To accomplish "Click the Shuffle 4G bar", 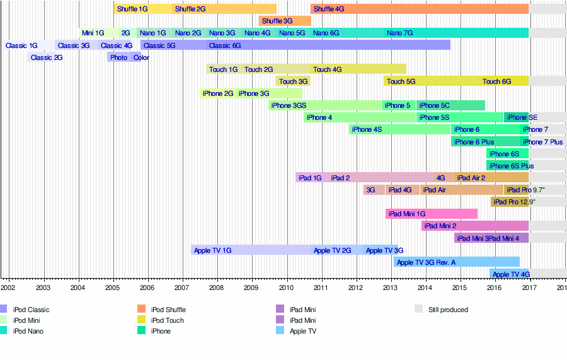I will pos(419,9).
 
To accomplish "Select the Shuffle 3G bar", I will pos(285,21).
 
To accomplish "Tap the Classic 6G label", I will pos(225,45).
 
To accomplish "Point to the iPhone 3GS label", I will pos(289,105).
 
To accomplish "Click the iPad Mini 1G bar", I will pos(432,214).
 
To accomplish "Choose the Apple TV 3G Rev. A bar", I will pos(457,262).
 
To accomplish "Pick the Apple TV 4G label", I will pos(511,274).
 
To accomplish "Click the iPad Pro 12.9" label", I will pos(515,202).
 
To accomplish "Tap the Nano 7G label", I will pos(400,33).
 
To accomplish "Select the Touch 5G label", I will pos(401,81).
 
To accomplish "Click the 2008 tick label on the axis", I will pos(216,287).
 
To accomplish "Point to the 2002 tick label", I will pos(8,287).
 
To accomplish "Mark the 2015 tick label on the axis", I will pos(459,287).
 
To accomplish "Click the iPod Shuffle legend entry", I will pos(168,310).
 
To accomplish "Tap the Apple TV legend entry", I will pos(302,331).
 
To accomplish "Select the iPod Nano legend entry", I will pos(28,331).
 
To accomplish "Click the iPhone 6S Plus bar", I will pos(507,166).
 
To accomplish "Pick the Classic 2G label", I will pos(47,57).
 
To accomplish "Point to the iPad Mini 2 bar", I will pos(475,226).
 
